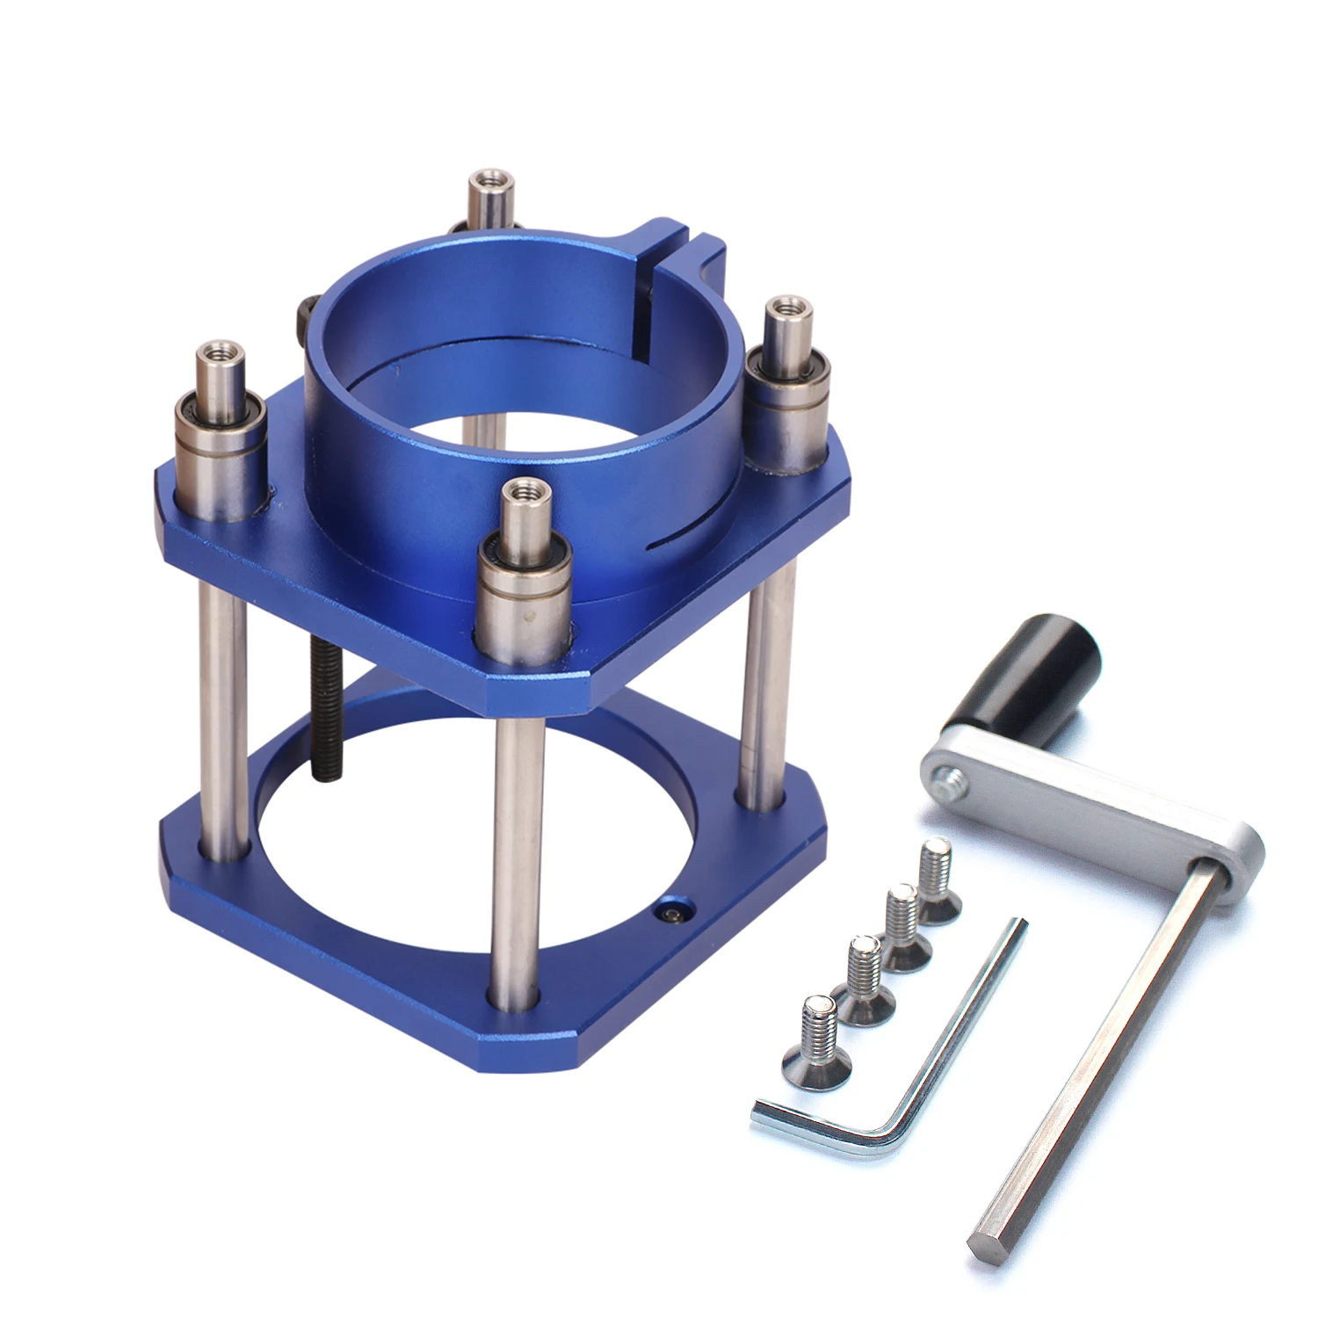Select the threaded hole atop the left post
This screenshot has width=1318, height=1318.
pos(216,352)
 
